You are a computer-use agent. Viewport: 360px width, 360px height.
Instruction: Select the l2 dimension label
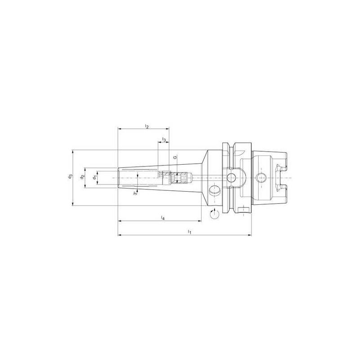click(x=147, y=126)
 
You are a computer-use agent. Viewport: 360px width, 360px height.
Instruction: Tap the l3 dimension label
click(x=164, y=140)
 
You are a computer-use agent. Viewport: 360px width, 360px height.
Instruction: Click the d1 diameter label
click(x=94, y=177)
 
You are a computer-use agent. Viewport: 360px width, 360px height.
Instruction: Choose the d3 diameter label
click(x=70, y=177)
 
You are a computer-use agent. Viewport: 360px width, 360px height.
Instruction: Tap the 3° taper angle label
click(x=135, y=193)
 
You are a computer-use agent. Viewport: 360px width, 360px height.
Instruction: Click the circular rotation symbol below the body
click(x=215, y=215)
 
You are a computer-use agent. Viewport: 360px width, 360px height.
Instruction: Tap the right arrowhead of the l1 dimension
click(x=251, y=235)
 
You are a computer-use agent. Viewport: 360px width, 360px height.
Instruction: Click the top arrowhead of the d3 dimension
click(x=73, y=152)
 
